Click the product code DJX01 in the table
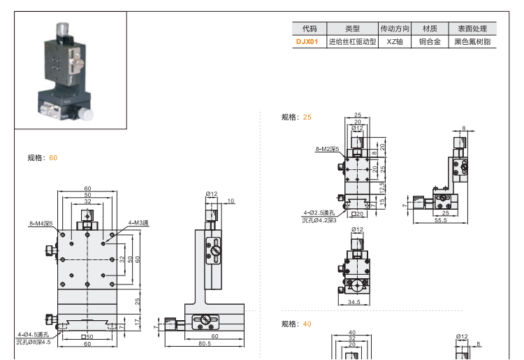coord(307,42)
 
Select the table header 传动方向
coord(395,29)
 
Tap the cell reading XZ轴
coord(395,42)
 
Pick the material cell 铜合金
coord(430,42)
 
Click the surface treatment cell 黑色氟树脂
coord(472,42)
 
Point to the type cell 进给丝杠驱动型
coord(352,42)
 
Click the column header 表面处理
coord(472,29)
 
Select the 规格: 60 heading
coord(43,158)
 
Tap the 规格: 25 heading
coord(296,117)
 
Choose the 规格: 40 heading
coord(296,324)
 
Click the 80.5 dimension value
coord(205,343)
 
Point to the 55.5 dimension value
coord(440,220)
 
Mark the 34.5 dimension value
coord(354,302)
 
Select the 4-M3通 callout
coord(138,223)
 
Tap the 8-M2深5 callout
coord(326,149)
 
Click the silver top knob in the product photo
coord(62,29)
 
